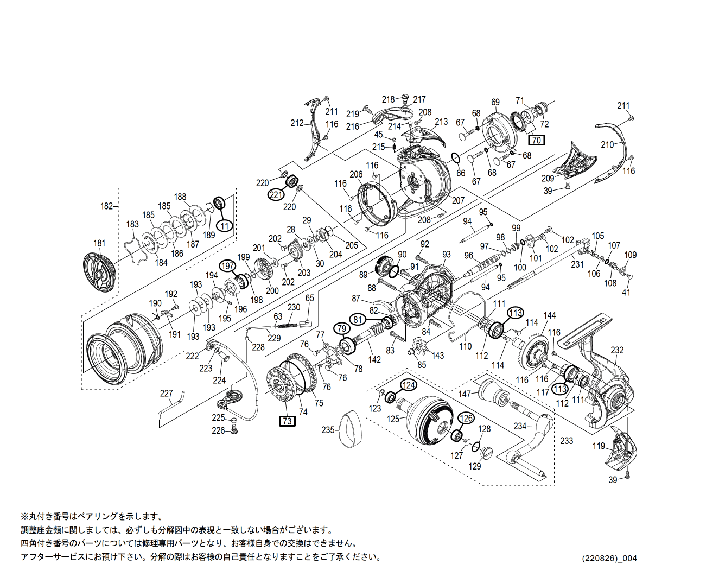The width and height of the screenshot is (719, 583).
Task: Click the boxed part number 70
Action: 536,140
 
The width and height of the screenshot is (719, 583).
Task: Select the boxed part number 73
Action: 287,421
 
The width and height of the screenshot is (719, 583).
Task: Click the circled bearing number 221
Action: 276,194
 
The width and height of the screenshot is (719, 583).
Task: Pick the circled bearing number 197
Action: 227,266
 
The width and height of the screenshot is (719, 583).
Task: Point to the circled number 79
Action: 341,328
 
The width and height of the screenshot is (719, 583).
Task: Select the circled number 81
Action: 358,319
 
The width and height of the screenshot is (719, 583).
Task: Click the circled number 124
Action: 409,385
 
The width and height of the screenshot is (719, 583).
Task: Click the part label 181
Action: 99,243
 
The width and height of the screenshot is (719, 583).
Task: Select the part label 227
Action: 166,393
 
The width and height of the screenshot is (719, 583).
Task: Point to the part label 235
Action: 328,430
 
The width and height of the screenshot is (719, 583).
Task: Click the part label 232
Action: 617,350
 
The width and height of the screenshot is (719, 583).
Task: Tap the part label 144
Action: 550,315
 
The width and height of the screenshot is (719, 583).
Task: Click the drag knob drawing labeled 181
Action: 100,273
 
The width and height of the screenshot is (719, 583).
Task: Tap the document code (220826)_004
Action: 609,558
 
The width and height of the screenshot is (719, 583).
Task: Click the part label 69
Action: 495,102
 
